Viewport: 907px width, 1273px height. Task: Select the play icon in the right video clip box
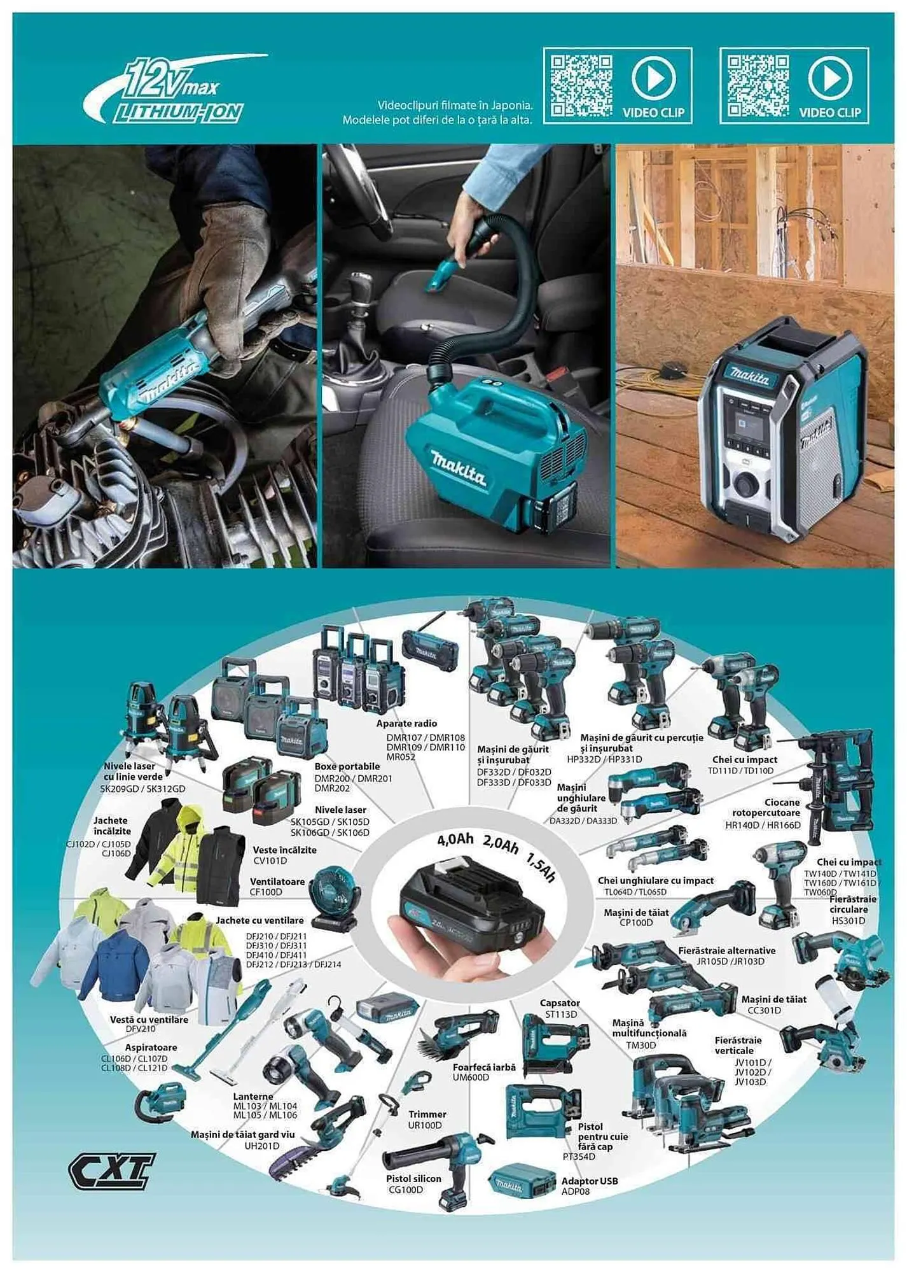click(829, 78)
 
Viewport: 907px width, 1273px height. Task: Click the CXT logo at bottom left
click(111, 1171)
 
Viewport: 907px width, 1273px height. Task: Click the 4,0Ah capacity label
click(455, 840)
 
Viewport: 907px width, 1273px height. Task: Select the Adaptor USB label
click(590, 1181)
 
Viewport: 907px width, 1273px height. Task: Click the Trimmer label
click(427, 1114)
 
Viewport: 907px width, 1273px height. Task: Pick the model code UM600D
click(471, 1077)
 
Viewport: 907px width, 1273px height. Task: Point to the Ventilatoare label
click(277, 882)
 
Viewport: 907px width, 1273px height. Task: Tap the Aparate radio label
click(406, 723)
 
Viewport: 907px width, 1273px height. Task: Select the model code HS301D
click(848, 920)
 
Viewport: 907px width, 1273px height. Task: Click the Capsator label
click(560, 1003)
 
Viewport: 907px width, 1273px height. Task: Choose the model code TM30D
click(640, 1045)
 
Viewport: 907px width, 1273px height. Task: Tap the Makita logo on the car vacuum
click(458, 468)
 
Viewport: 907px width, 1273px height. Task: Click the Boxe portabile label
click(347, 766)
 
